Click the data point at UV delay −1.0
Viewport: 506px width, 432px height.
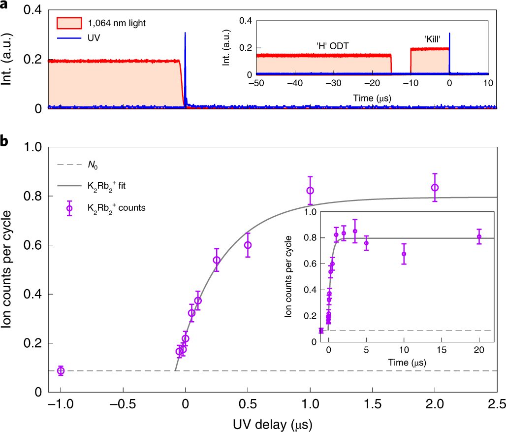point(61,370)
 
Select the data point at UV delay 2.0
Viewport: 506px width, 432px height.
point(435,187)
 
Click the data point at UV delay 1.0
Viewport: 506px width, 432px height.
point(310,191)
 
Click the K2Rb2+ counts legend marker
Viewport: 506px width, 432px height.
point(69,208)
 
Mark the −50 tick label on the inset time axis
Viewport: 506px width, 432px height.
point(255,84)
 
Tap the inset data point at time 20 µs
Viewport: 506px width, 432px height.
point(479,236)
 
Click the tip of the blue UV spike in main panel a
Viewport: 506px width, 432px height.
point(185,33)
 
